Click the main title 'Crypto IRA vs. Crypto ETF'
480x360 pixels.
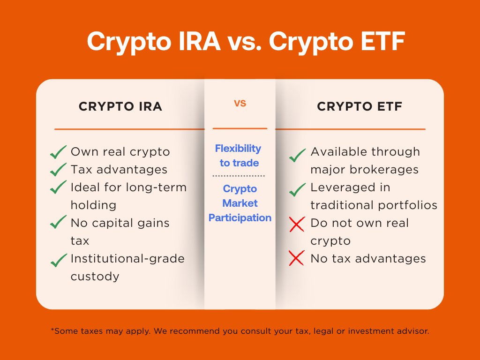(240, 43)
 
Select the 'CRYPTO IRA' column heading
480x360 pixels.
(120, 106)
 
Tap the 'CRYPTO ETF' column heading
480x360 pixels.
(360, 106)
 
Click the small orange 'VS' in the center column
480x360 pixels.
(240, 104)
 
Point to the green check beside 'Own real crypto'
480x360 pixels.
(58, 152)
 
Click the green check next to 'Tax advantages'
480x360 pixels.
(58, 169)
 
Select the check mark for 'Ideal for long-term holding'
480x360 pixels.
(58, 187)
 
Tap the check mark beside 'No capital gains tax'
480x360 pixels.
(58, 223)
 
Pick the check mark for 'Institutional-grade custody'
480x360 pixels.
(58, 259)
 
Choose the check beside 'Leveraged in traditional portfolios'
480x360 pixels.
(297, 189)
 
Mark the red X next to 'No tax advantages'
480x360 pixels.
(297, 258)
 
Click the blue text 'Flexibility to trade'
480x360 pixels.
(239, 156)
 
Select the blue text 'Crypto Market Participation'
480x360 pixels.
(240, 203)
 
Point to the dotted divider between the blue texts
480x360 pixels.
(239, 176)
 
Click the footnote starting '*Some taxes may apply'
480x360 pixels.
(240, 331)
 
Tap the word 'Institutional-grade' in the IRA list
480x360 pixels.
(127, 258)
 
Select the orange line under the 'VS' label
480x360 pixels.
(240, 128)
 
